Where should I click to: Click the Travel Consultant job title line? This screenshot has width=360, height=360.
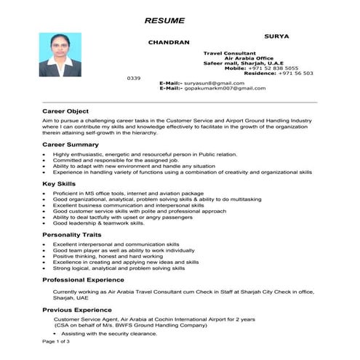click(x=229, y=53)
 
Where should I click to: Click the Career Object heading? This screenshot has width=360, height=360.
click(x=65, y=111)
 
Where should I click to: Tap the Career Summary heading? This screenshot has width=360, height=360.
click(x=71, y=145)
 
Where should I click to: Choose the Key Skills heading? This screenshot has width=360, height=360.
click(x=60, y=185)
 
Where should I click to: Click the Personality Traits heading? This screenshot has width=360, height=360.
click(x=72, y=236)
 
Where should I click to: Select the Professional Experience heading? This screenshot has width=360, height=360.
click(x=83, y=280)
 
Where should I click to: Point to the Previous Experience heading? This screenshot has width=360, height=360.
click(x=78, y=311)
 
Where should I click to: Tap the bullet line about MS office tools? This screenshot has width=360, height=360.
click(x=121, y=194)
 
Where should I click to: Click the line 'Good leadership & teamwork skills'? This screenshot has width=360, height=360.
click(x=99, y=223)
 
